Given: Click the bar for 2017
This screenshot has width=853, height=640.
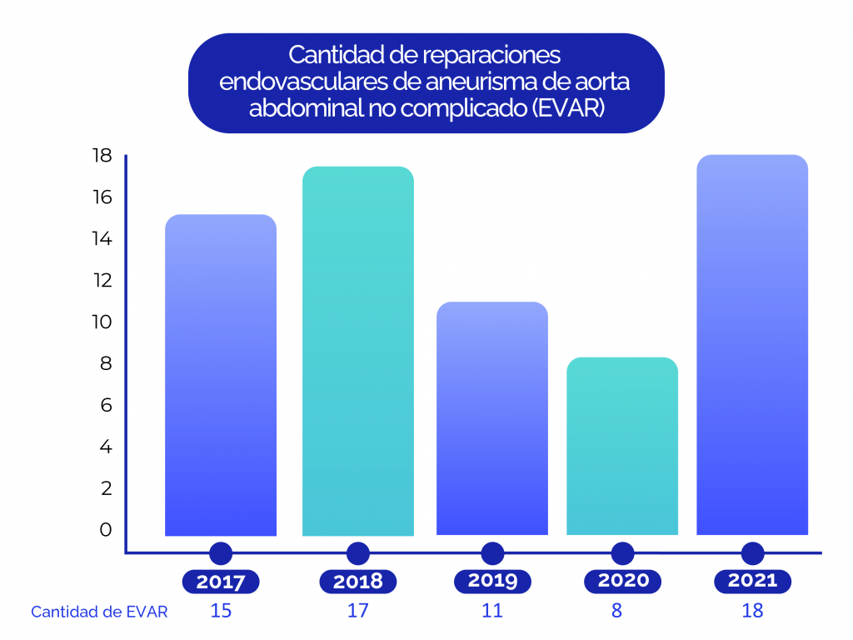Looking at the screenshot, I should [x=221, y=375].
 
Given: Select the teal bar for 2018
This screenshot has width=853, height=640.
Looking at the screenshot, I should [x=357, y=351].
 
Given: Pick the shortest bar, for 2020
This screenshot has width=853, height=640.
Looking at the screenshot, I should [x=622, y=446].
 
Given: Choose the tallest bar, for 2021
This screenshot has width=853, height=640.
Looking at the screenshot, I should [x=752, y=345].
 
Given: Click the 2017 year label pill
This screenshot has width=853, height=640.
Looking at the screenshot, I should [x=221, y=582].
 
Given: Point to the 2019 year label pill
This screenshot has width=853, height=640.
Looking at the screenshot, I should [x=492, y=581].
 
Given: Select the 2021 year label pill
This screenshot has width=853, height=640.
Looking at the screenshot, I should [x=752, y=581].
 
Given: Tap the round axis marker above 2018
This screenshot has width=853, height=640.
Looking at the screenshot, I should [x=357, y=553].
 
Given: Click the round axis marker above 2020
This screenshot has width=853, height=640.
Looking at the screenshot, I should [x=622, y=553].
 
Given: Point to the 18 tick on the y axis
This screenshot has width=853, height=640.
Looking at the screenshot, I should [x=102, y=156].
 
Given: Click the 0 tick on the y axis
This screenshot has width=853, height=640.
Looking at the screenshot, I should [x=106, y=529].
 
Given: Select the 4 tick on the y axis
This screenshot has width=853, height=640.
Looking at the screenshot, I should [x=106, y=447].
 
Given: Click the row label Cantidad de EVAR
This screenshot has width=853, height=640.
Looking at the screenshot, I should [x=99, y=612].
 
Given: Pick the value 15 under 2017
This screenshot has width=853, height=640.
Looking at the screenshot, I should [x=221, y=611].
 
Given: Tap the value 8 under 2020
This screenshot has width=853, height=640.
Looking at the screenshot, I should [x=616, y=611].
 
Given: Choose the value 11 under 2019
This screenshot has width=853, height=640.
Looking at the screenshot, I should [x=492, y=611].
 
